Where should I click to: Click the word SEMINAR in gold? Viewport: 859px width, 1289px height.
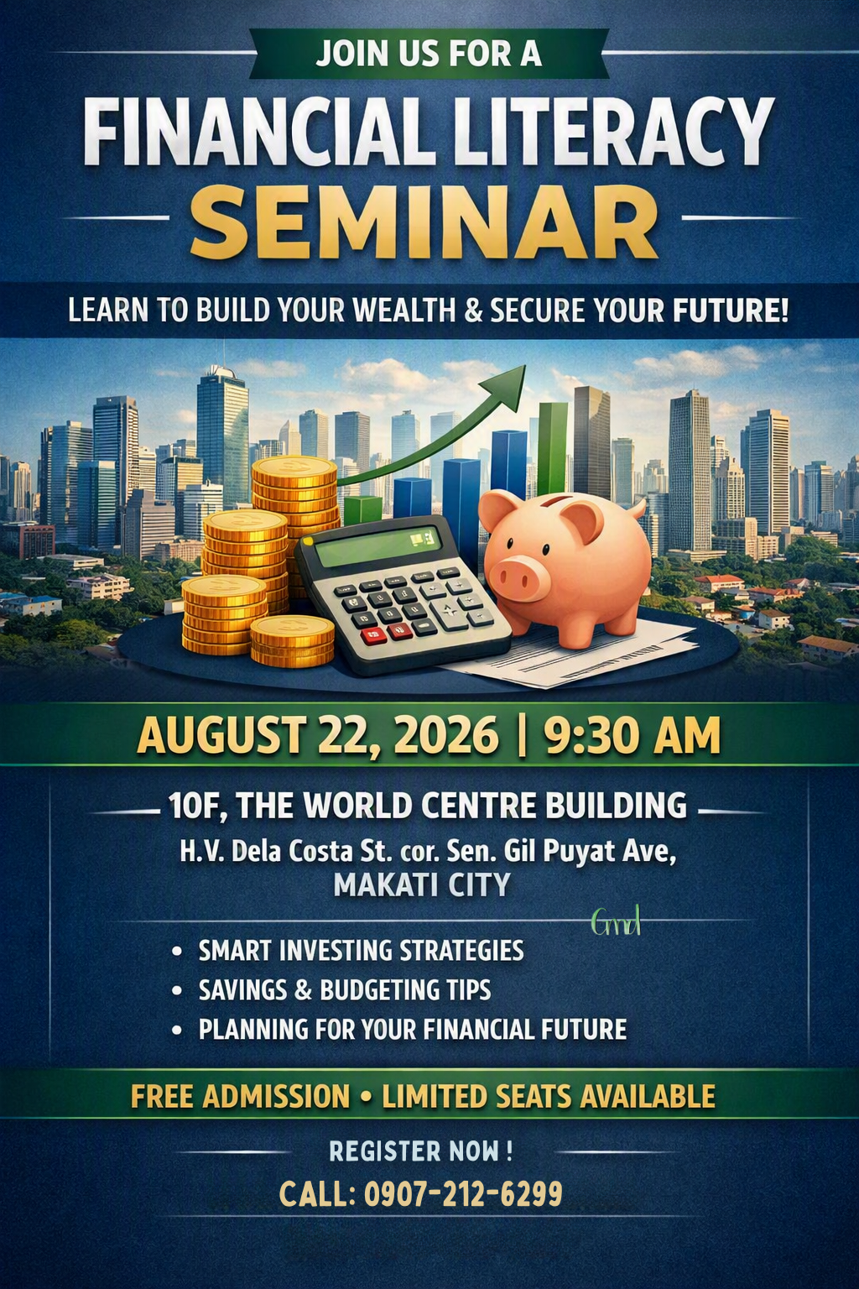pyautogui.click(x=424, y=222)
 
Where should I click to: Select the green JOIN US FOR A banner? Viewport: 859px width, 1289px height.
pyautogui.click(x=429, y=53)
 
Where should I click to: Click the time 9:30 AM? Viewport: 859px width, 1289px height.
pyautogui.click(x=633, y=735)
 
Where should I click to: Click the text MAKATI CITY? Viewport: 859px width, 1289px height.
pyautogui.click(x=422, y=885)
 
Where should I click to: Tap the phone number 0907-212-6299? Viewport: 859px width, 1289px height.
pyautogui.click(x=463, y=1193)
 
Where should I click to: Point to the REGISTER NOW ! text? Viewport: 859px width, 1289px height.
pyautogui.click(x=420, y=1150)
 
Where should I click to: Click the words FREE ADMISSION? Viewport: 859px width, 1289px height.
pyautogui.click(x=240, y=1096)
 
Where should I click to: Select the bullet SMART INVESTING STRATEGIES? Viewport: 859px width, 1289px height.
pyautogui.click(x=362, y=950)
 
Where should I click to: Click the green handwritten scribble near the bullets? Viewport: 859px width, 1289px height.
pyautogui.click(x=616, y=921)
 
